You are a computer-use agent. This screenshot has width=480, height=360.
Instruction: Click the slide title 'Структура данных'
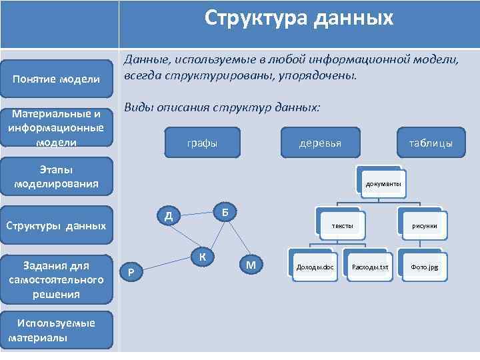(299, 18)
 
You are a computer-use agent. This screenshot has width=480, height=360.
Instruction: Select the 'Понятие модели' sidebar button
(57, 80)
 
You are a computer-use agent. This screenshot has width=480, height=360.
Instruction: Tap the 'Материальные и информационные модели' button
(57, 128)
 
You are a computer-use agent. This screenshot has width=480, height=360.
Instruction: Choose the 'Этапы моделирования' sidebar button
(57, 177)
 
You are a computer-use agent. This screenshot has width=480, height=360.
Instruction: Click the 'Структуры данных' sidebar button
(57, 225)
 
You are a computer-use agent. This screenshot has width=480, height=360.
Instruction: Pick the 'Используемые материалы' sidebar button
(57, 329)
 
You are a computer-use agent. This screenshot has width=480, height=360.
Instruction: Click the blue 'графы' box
(201, 143)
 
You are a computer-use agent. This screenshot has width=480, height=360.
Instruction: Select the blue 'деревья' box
(321, 143)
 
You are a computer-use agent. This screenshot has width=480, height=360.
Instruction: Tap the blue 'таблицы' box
(431, 143)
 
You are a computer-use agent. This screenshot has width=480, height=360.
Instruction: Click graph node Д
(169, 215)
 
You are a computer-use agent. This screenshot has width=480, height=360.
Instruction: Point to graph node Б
(226, 211)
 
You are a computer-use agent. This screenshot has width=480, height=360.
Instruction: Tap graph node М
(251, 265)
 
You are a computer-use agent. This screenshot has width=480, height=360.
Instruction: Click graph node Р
(131, 271)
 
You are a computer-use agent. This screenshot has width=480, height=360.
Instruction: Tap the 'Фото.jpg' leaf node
(424, 267)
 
